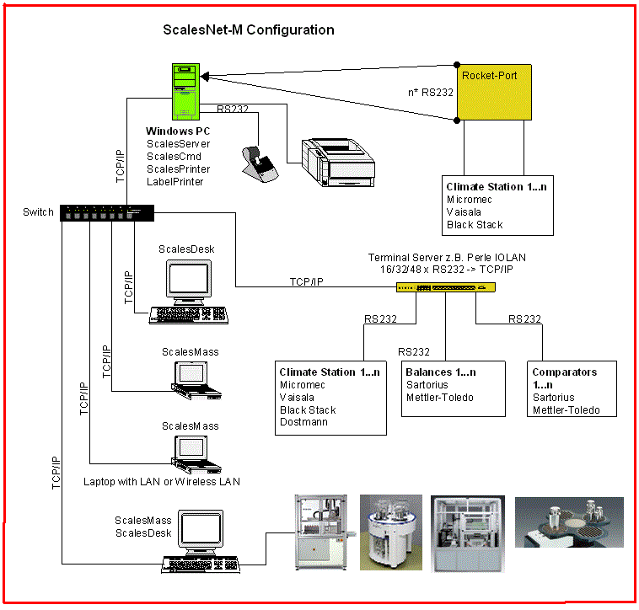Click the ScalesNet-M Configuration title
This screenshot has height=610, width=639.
[248, 30]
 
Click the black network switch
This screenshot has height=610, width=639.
[107, 214]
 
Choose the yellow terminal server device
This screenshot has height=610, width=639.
[446, 287]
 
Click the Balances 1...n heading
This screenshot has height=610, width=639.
[441, 372]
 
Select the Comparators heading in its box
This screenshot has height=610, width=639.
[564, 372]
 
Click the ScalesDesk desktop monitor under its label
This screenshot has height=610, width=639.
[186, 279]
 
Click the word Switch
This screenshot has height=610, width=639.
[39, 211]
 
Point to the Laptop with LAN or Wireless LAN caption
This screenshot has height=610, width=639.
[161, 482]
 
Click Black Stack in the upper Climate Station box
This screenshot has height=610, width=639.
[474, 224]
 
